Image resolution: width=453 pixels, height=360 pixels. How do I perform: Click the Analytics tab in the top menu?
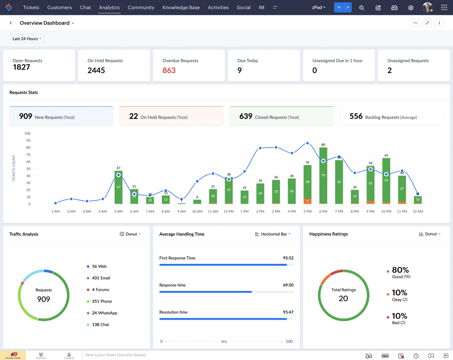point(109,8)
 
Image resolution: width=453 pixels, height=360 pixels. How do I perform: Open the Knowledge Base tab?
point(181,8)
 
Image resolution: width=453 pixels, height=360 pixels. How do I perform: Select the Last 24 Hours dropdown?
point(27,39)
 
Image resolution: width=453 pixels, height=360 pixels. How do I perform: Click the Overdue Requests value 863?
point(169,70)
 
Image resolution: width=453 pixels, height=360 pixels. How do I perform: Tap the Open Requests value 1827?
point(21,67)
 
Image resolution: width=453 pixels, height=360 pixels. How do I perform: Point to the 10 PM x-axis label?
point(386,212)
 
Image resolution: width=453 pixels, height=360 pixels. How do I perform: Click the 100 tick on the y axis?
point(27,133)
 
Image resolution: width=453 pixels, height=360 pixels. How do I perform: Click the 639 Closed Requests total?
point(246,116)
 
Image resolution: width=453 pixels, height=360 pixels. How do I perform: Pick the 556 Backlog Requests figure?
point(356,116)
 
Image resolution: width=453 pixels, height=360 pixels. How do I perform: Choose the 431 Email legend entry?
point(101,278)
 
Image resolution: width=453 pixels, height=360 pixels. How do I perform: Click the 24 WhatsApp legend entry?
point(104,313)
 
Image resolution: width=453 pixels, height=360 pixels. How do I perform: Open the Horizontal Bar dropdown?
point(273,234)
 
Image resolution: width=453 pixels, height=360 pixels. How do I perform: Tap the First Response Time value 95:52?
point(288,258)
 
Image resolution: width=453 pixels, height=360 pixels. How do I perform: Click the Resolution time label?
point(173,312)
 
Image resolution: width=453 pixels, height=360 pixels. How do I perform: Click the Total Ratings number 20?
point(343,298)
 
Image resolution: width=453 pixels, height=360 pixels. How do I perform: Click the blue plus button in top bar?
point(339,8)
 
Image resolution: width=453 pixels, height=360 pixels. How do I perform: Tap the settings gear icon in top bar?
point(411,8)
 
